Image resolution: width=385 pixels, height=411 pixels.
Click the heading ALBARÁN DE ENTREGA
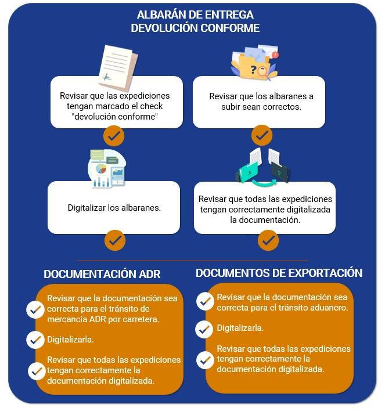click(x=195, y=15)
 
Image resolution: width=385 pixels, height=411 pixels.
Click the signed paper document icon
click(x=118, y=67)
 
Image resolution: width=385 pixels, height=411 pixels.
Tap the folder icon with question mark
click(x=254, y=62)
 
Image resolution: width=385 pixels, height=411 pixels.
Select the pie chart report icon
click(x=107, y=168)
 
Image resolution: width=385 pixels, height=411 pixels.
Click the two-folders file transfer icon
click(x=263, y=167)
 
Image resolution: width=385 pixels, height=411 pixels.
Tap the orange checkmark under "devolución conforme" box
click(x=114, y=136)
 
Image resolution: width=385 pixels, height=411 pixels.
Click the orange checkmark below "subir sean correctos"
click(x=262, y=135)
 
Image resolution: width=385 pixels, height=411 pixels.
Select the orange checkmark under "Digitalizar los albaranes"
click(x=115, y=240)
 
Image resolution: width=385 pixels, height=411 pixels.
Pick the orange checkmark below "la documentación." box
click(x=268, y=240)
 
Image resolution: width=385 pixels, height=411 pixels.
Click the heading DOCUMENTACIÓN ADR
click(x=102, y=274)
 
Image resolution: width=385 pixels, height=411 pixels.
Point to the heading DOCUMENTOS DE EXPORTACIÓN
click(x=279, y=273)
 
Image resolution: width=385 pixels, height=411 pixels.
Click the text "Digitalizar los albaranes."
click(x=114, y=208)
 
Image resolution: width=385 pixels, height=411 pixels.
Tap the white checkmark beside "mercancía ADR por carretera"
click(x=35, y=310)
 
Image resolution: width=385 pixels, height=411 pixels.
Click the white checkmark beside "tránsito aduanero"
click(x=206, y=301)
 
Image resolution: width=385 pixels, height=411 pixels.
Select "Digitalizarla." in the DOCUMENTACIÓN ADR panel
click(x=70, y=340)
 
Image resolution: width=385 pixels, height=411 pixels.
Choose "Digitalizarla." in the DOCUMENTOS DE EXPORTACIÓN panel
click(x=240, y=328)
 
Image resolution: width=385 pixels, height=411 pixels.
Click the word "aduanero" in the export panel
click(x=329, y=308)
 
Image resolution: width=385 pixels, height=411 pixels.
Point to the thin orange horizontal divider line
click(x=193, y=261)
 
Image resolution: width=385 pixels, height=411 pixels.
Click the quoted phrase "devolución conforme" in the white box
click(x=115, y=116)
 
